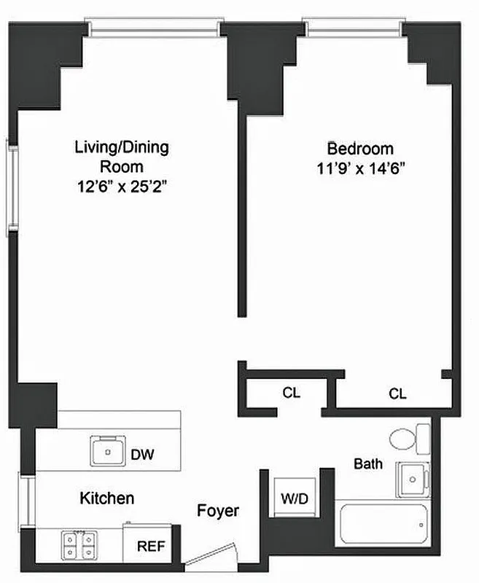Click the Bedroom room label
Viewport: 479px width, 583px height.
[359, 149]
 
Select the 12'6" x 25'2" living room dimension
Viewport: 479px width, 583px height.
[122, 187]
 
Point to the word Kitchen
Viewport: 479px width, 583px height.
[106, 498]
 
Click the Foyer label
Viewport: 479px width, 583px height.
[218, 511]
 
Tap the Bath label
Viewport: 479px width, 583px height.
[368, 463]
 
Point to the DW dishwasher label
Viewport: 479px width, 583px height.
[142, 454]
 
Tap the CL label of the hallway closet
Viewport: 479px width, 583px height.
[291, 393]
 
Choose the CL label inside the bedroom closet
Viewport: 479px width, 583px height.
[397, 394]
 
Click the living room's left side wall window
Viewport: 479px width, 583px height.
[12, 187]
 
